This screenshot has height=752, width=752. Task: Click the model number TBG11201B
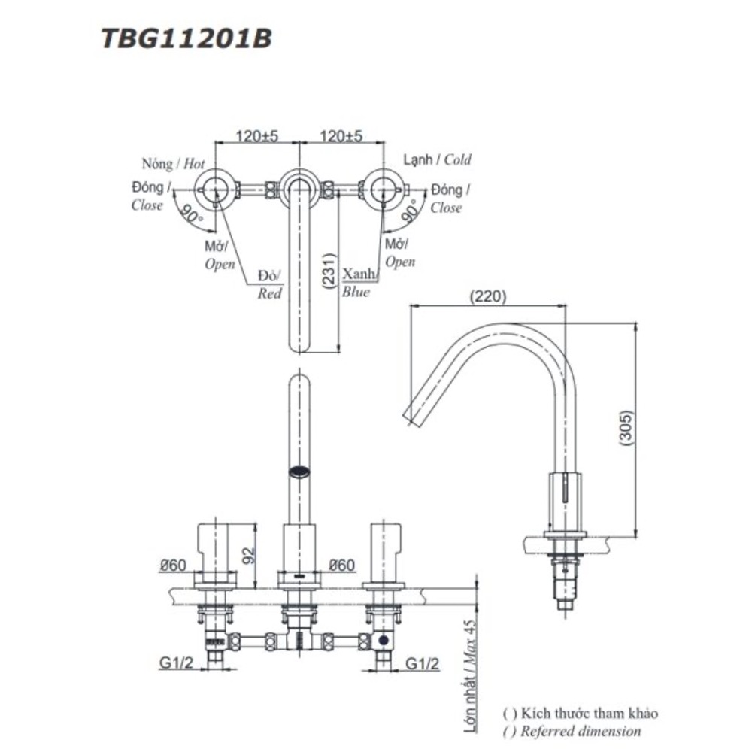tap(186, 38)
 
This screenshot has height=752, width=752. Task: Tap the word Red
tap(269, 294)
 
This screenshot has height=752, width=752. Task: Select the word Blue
tap(356, 293)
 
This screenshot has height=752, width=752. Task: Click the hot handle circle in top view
tap(216, 189)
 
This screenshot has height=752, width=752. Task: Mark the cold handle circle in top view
tap(381, 189)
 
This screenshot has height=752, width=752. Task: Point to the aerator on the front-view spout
tap(299, 472)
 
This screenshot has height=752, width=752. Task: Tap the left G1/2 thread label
tap(174, 663)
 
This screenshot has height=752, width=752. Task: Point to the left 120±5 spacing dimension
tap(257, 136)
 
